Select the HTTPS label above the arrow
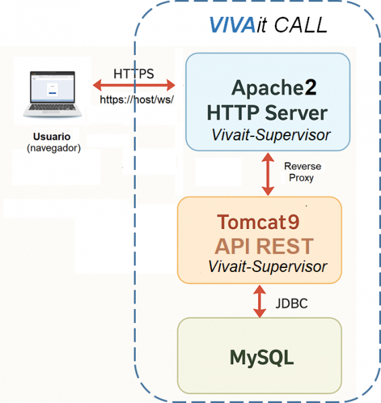[134, 73]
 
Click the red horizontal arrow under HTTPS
[134, 85]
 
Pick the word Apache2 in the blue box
[273, 88]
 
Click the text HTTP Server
[267, 111]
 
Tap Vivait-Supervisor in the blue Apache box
[271, 134]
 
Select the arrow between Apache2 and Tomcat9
[268, 173]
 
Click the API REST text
[264, 244]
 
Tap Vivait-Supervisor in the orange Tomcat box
[267, 267]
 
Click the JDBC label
[291, 304]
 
